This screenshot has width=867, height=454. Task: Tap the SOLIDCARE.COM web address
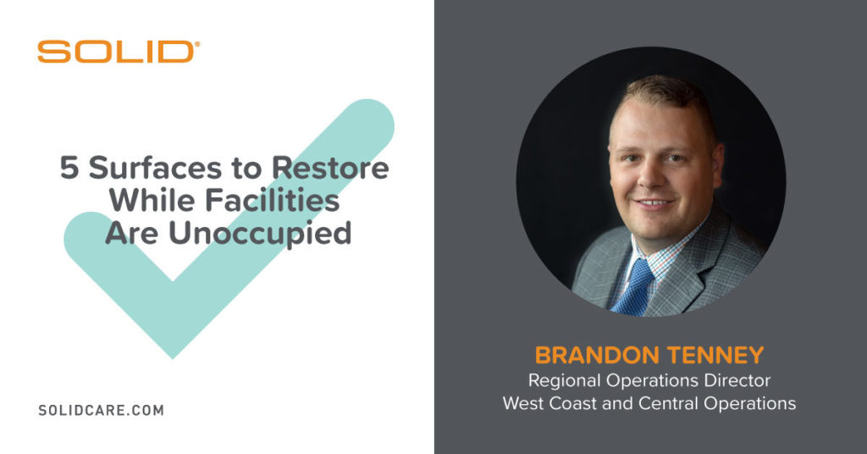coord(102,410)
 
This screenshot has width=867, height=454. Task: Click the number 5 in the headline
coord(69,168)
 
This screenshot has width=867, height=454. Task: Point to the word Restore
coord(330,168)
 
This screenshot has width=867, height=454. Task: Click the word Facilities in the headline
coord(273,200)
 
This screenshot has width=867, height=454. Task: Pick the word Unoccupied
coord(260,234)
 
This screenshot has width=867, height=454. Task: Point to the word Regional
coord(564,381)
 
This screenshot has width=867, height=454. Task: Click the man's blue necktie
coord(634,286)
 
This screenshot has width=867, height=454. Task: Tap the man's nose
coord(650,176)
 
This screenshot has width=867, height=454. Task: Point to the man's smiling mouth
coord(654,203)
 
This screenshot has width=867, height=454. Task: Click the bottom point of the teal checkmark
coord(173,357)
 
